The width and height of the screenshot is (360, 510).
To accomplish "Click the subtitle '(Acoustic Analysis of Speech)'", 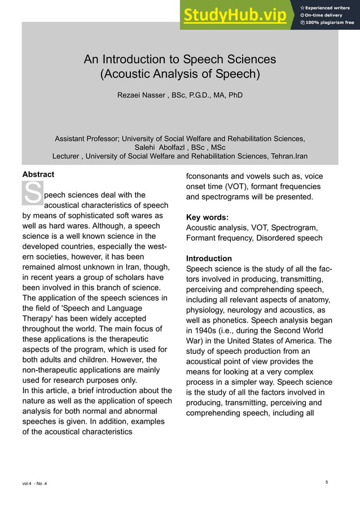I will click(x=179, y=74).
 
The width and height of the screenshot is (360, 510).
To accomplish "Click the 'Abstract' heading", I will click(x=38, y=175).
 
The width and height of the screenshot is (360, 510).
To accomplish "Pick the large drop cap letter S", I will click(x=32, y=193).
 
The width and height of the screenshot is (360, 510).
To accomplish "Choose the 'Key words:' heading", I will click(x=207, y=217).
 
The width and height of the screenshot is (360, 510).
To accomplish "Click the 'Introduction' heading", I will click(x=209, y=259).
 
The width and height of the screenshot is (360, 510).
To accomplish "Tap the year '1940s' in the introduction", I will click(x=207, y=330).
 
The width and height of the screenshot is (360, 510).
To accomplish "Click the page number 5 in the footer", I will click(x=327, y=482).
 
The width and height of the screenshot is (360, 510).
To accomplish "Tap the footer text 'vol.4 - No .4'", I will click(x=35, y=483).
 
